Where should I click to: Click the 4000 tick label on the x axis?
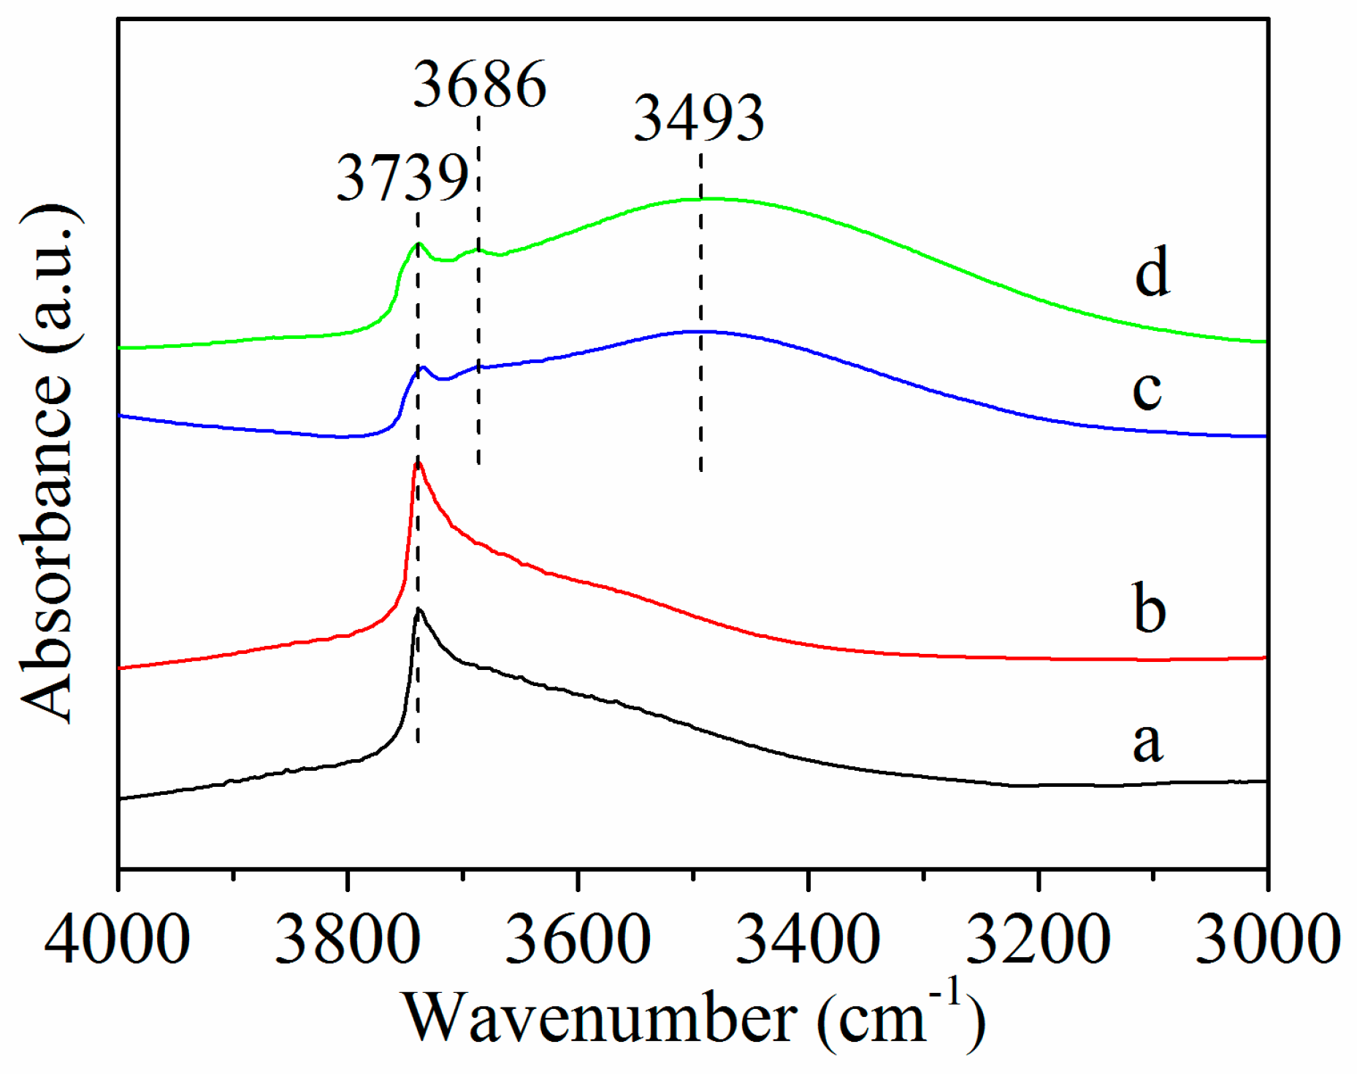117,940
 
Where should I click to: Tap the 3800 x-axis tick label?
348,940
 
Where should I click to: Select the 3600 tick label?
578,940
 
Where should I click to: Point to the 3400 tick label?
808,940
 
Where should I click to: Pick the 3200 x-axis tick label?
1038,940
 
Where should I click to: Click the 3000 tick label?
1268,940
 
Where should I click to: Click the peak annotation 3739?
402,178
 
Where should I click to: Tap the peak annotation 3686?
480,85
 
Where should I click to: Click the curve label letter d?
1152,272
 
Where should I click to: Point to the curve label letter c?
1147,389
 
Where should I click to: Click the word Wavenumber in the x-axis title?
600,1019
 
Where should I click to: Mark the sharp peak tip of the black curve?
419,609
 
